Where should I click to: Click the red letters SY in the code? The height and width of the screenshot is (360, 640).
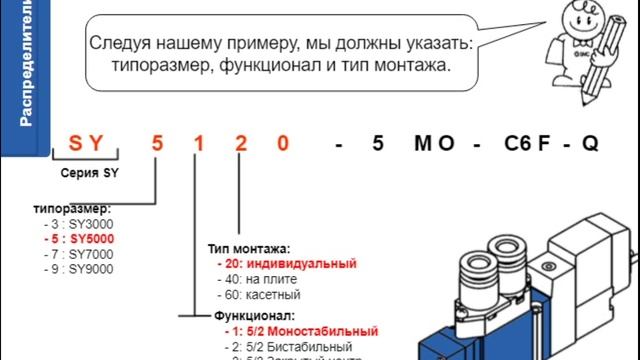coord(86,143)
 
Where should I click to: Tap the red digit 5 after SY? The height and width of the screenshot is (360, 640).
coord(156,143)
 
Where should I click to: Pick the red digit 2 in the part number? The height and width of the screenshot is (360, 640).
coord(240,143)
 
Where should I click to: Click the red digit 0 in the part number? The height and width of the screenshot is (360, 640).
coord(283,143)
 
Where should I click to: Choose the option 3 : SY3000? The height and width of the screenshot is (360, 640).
coord(78,224)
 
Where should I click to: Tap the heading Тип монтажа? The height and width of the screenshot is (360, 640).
coord(249,248)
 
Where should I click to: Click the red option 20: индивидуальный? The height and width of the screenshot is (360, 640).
coord(287,264)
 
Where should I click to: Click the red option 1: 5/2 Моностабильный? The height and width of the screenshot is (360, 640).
coord(300,330)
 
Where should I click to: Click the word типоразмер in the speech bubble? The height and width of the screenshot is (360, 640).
coord(139,67)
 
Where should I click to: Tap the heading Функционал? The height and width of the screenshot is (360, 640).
coord(247,314)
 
